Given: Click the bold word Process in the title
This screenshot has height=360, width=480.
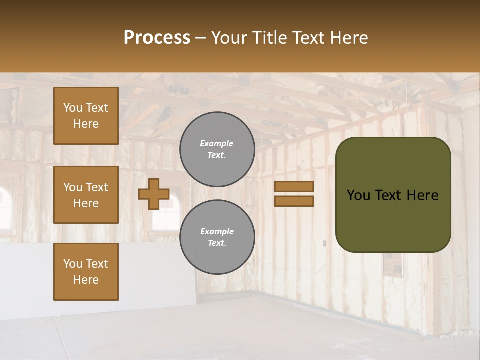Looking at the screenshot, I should (x=157, y=38).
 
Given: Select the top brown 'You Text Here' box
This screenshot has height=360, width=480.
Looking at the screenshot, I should (x=86, y=116).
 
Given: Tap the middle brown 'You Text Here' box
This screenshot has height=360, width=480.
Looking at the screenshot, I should (x=86, y=195).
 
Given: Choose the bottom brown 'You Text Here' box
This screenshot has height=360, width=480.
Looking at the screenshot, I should (x=86, y=272).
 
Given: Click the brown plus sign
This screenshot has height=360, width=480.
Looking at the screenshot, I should (x=153, y=194).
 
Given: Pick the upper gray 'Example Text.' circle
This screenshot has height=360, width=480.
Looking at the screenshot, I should (x=217, y=149).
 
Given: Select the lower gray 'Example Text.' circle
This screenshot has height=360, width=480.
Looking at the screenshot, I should (x=217, y=237).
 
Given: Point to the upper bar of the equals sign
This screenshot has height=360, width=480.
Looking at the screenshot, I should (x=294, y=186).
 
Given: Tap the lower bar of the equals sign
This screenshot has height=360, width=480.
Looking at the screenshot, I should (x=294, y=201).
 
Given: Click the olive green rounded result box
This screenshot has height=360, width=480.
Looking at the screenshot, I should (x=393, y=195).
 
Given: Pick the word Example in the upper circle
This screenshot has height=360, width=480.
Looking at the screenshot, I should (x=217, y=143).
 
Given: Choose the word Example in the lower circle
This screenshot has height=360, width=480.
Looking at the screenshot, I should (x=217, y=231).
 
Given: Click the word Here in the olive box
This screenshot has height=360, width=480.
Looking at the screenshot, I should (x=422, y=195).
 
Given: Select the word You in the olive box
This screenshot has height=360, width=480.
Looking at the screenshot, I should (x=358, y=195).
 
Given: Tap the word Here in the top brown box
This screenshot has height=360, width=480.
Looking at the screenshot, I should (x=86, y=124).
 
